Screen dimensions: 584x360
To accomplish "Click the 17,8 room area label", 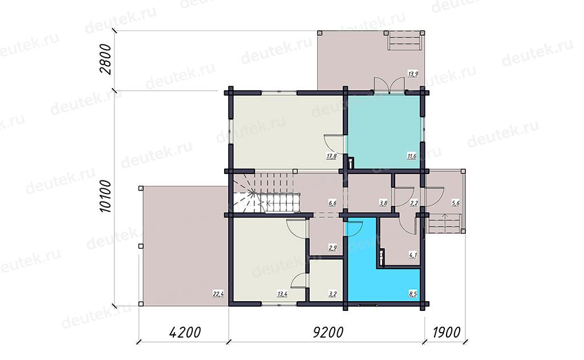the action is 331,156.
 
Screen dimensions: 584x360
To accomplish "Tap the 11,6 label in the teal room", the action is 412,156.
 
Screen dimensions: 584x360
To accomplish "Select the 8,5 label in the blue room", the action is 413,294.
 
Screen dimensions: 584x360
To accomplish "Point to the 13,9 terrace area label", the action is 413,74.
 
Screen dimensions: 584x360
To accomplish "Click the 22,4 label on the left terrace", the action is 218,294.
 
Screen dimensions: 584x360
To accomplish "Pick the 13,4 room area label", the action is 282,294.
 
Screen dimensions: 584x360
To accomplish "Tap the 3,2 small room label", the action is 332,294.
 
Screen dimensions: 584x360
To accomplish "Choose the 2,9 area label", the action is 332,248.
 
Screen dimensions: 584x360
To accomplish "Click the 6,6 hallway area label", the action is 332,203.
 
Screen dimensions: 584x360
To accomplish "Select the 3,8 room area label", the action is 383,203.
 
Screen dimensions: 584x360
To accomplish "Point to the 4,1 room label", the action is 413,255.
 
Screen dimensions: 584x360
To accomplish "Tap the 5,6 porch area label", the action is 455,203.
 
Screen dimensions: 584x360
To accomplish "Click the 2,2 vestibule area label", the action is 414,203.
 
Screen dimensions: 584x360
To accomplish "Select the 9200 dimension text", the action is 328,332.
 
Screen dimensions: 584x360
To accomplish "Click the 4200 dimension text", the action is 185,332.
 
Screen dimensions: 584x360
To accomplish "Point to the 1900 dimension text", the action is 447,332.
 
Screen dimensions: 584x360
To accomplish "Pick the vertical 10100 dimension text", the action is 106,196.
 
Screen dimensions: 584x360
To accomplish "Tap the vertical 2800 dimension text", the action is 106,59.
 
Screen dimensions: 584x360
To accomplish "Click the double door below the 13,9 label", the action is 389,85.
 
